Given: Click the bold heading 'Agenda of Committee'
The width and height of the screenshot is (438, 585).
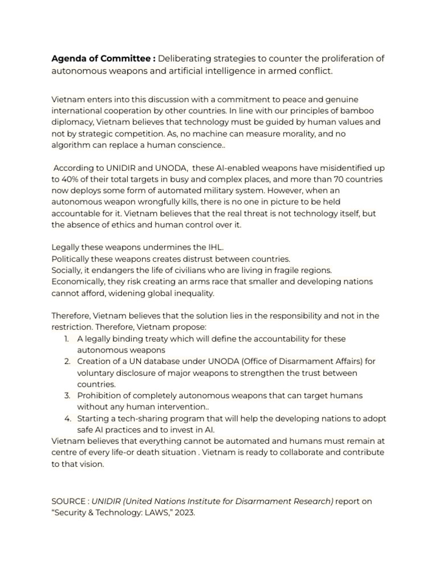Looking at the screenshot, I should pyautogui.click(x=103, y=59).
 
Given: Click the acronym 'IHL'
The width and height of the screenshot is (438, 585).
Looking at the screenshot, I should pyautogui.click(x=217, y=247).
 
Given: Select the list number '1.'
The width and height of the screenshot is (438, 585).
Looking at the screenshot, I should pyautogui.click(x=68, y=339).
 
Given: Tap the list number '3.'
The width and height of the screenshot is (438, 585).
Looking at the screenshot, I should pyautogui.click(x=67, y=396).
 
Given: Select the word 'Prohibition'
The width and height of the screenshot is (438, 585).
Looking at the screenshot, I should pyautogui.click(x=100, y=396).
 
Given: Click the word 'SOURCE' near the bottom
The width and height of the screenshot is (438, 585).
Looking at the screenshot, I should pyautogui.click(x=68, y=501).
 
